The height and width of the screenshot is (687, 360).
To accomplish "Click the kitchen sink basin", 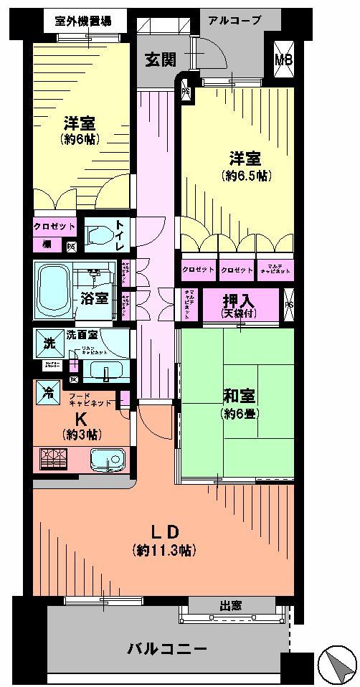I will click(x=107, y=460).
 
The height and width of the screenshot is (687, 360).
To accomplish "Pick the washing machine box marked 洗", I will click(x=48, y=343).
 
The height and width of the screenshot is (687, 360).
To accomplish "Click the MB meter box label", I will click(x=284, y=61).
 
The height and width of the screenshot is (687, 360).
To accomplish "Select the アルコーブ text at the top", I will click(x=235, y=20).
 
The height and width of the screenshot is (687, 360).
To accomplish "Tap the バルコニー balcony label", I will click(x=167, y=649).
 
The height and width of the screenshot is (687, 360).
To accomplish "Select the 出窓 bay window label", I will click(x=231, y=606).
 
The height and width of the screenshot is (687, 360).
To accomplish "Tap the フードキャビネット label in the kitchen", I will click(x=90, y=398).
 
